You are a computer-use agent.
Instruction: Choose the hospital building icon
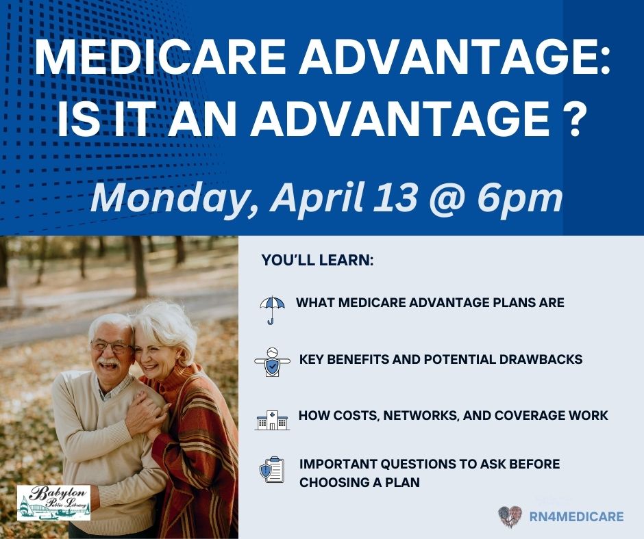(x=272, y=419)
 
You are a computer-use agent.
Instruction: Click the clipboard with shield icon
(x=272, y=471)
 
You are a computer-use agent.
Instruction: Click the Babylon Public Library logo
(x=53, y=503)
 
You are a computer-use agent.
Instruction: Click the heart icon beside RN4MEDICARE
(x=510, y=516)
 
